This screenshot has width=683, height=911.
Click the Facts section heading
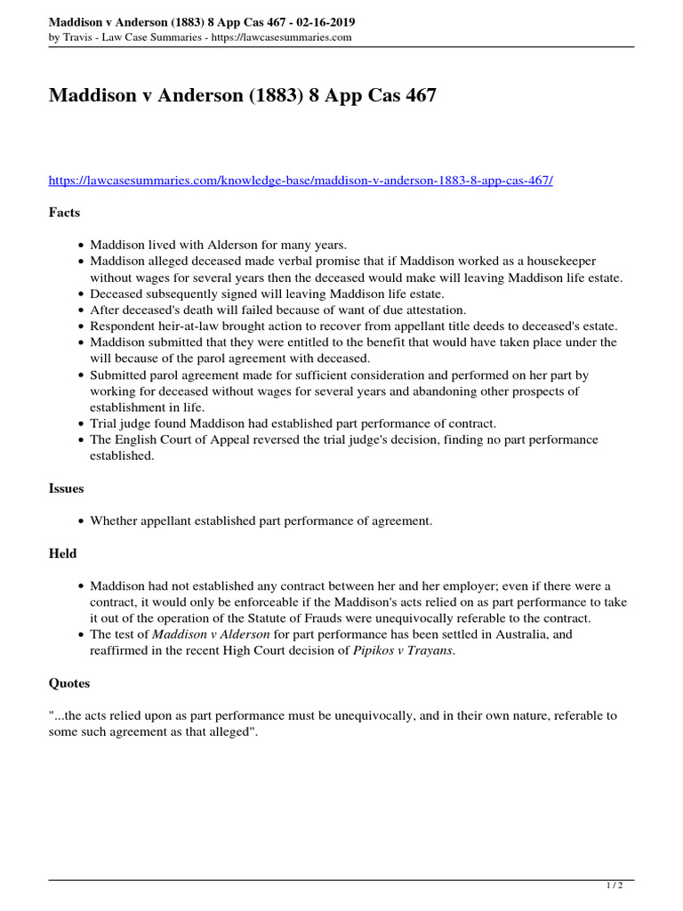coord(64,213)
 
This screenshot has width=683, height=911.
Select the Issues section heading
coord(66,488)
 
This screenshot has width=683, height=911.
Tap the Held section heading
coord(62,553)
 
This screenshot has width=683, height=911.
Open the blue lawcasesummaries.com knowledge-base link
coord(301,180)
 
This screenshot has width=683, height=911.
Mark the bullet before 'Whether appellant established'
coord(81,521)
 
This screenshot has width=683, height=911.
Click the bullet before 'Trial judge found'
coord(81,423)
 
